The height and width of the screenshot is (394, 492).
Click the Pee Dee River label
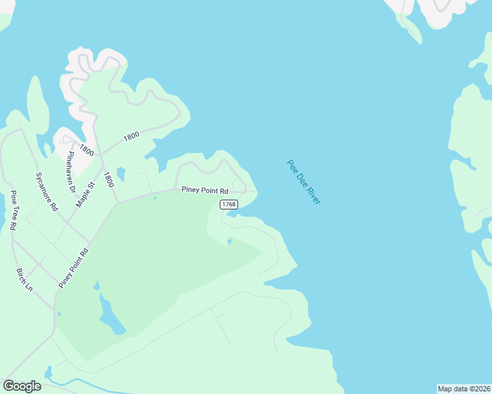303,182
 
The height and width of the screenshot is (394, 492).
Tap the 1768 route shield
228,205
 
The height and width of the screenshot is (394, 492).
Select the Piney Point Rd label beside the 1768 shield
205,191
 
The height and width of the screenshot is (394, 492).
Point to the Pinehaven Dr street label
72,171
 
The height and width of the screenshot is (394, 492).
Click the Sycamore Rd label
46,192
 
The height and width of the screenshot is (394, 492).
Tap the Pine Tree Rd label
12,210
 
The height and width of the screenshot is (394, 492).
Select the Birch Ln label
24,279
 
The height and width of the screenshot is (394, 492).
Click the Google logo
22,386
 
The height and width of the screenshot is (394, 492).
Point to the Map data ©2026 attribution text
464,389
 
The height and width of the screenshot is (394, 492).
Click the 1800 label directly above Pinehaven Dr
86,150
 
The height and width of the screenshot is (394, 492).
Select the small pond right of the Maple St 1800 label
120,175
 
